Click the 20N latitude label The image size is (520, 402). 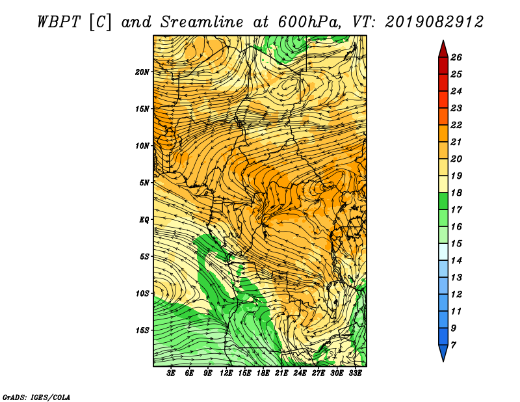click(x=142, y=72)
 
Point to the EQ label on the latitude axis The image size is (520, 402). click(x=144, y=220)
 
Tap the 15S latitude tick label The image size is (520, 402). click(x=142, y=330)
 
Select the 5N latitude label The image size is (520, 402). click(x=144, y=183)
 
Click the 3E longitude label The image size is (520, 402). click(x=171, y=373)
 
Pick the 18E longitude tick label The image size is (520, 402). click(x=263, y=373)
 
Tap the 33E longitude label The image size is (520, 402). click(x=355, y=373)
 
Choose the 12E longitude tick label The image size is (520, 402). click(x=226, y=373)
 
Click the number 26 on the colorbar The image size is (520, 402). click(x=456, y=57)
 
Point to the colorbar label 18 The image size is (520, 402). click(x=456, y=193)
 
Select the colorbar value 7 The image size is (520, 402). click(x=453, y=345)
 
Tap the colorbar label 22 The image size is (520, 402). click(x=456, y=125)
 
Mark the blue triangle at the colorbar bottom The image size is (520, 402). click(x=443, y=352)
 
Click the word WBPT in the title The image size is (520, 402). click(x=59, y=22)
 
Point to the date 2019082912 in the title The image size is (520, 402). click(x=434, y=22)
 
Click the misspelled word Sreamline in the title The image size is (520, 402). click(x=202, y=22)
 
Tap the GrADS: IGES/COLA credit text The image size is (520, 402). click(x=36, y=397)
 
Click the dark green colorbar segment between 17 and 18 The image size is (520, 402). click(x=443, y=201)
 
